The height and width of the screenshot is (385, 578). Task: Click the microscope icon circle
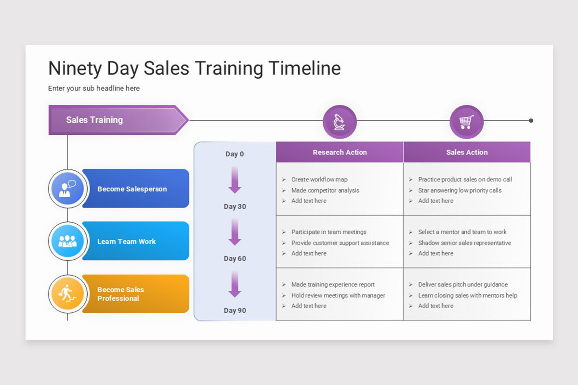340,122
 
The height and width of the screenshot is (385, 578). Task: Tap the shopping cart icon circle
466,122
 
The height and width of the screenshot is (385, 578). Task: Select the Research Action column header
340,152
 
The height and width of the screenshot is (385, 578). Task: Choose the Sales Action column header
467,152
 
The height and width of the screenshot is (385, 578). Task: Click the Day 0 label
235,154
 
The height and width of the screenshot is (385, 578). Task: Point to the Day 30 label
235,206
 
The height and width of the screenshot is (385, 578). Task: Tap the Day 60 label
235,258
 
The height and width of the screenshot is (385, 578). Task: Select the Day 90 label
235,310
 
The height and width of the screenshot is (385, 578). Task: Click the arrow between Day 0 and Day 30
235,180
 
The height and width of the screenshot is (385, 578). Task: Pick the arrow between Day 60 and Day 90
235,284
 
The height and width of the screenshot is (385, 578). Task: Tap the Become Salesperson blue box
135,189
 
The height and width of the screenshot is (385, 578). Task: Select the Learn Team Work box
135,241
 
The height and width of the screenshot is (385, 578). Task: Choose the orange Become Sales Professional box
135,294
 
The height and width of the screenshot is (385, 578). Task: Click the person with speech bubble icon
67,189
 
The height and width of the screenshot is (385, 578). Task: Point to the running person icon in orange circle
67,294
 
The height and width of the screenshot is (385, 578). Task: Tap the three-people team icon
67,241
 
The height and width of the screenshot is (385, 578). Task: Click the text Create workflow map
319,180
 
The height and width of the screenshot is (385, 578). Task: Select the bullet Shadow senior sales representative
464,243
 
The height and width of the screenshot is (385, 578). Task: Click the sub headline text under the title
94,89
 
